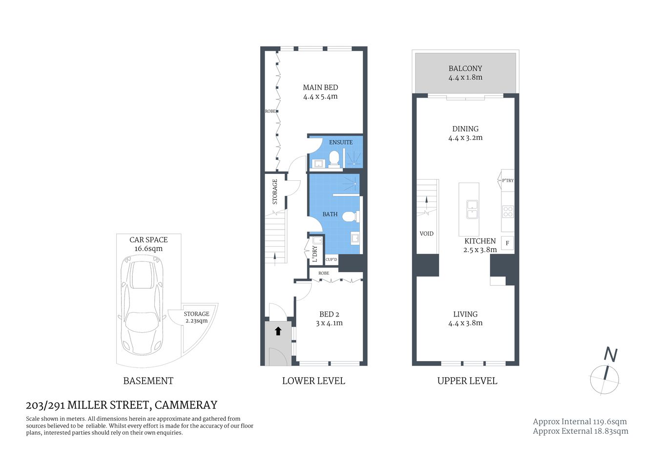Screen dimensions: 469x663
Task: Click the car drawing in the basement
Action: (x=143, y=308)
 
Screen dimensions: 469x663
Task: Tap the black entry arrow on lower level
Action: (x=278, y=331)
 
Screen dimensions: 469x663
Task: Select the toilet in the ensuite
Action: (x=334, y=159)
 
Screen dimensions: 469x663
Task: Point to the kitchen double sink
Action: (x=472, y=209)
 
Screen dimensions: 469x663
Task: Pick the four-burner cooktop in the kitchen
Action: (x=508, y=212)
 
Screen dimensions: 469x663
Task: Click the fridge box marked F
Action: (x=507, y=243)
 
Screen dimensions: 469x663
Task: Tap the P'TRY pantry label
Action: (x=508, y=180)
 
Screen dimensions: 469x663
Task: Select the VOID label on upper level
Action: (x=426, y=234)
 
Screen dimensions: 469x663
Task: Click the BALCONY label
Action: (x=465, y=68)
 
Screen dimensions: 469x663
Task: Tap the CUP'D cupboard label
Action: (x=331, y=259)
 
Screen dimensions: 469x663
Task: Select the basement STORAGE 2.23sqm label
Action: (x=196, y=317)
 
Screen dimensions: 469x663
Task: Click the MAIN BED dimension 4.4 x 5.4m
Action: (x=320, y=97)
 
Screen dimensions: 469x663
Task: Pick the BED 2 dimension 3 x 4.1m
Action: (x=329, y=323)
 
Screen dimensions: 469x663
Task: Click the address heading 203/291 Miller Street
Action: (x=122, y=405)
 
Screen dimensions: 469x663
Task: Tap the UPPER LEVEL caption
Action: (x=467, y=381)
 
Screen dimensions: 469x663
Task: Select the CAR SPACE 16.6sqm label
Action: (x=148, y=244)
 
